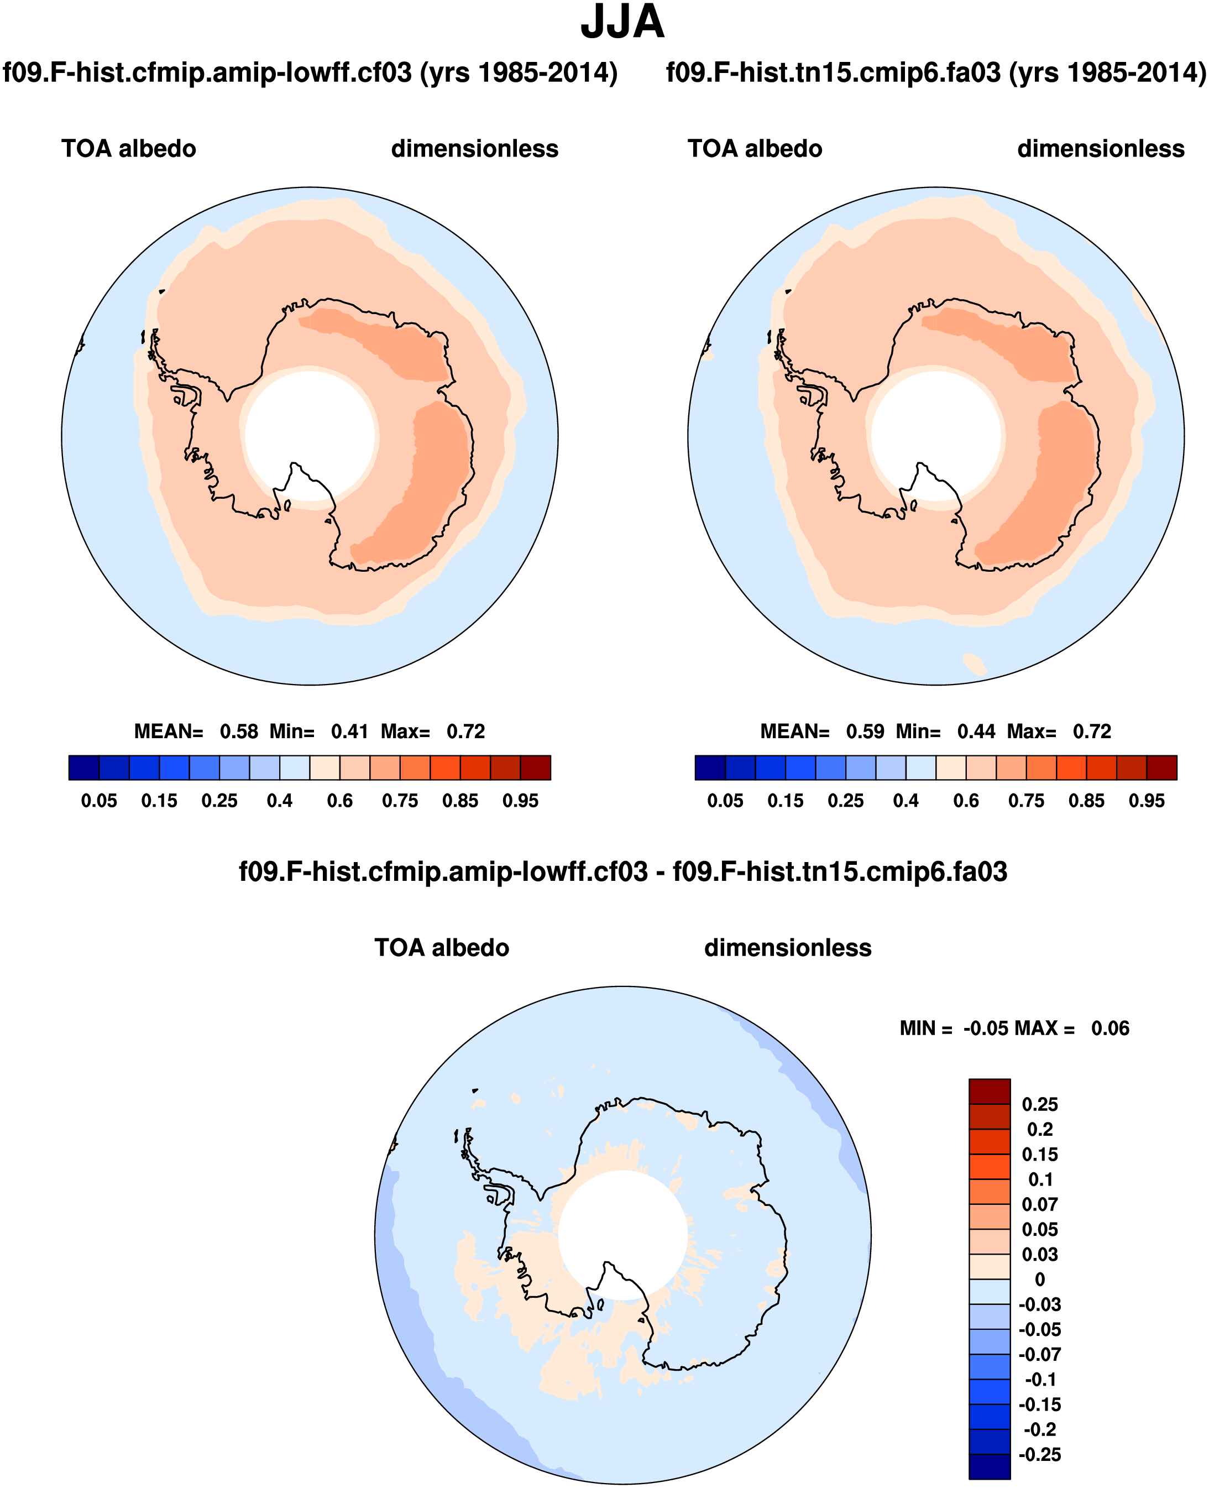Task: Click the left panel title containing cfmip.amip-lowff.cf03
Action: [310, 72]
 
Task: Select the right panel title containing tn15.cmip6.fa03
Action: [936, 72]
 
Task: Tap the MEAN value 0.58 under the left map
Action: [239, 732]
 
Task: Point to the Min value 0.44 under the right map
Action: [976, 732]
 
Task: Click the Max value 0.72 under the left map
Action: [466, 732]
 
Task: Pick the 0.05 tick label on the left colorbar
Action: [99, 801]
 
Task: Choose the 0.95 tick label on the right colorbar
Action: [1147, 801]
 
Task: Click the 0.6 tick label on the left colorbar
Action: [340, 801]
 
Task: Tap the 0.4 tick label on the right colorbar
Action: [906, 801]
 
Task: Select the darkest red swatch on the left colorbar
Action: [535, 767]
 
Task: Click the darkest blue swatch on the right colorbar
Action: [710, 767]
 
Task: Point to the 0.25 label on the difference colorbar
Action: [1040, 1104]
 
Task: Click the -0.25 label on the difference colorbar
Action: [1040, 1455]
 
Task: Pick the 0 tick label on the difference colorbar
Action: [1040, 1280]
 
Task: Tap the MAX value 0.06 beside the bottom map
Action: [1110, 1028]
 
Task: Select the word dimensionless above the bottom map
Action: [788, 948]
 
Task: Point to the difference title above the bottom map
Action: [622, 871]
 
